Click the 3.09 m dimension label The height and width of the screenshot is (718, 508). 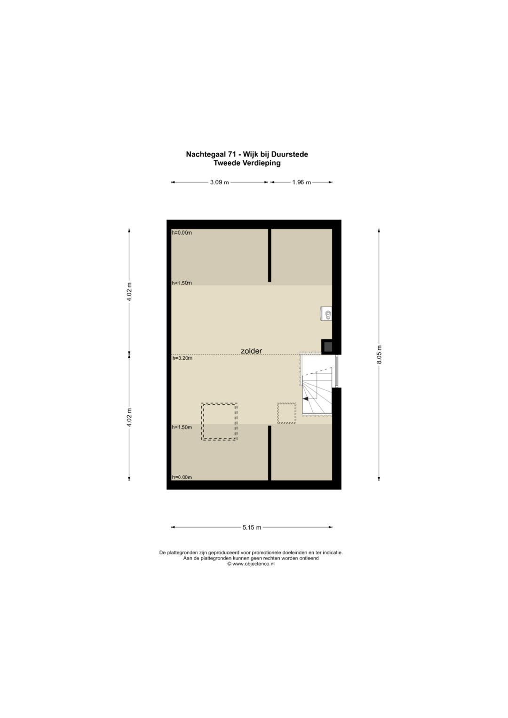[219, 182]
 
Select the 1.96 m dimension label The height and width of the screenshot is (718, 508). [302, 182]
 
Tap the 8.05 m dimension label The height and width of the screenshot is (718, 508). [380, 354]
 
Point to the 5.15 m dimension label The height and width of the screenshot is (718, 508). [252, 527]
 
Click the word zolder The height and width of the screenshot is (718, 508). [252, 351]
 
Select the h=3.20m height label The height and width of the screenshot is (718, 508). [182, 358]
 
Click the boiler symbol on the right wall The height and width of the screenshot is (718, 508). [326, 313]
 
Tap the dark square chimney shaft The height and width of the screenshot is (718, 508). [327, 347]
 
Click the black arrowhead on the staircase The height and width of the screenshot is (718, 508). [306, 398]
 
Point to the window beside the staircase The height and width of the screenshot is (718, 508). [336, 371]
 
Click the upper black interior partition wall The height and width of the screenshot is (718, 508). [270, 255]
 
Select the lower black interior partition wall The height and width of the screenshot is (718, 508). [270, 453]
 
